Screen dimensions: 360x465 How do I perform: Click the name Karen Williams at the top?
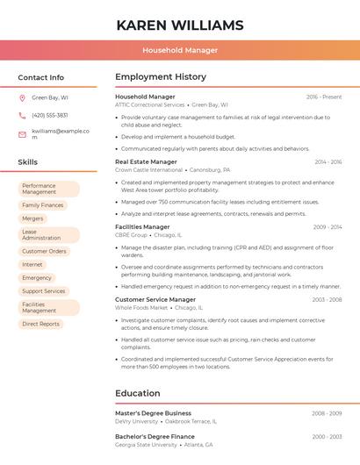180,25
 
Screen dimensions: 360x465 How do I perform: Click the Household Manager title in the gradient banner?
180,50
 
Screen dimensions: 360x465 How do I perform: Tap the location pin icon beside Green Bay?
22,97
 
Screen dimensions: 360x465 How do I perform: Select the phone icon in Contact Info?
22,115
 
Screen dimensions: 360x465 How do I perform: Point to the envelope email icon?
22,133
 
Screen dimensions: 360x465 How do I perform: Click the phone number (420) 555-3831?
49,115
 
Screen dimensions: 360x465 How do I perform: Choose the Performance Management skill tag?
49,189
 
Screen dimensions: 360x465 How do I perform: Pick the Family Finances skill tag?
43,205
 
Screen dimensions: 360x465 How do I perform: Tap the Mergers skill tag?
32,218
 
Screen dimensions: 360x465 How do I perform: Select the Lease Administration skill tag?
49,235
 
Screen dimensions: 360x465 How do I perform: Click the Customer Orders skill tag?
44,251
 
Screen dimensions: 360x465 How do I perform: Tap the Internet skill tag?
32,264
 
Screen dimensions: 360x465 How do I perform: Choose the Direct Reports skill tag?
41,324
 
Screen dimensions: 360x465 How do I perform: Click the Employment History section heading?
161,77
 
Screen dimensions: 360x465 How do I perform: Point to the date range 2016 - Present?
324,97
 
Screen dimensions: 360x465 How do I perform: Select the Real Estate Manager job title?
146,161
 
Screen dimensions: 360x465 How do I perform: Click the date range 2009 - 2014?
328,227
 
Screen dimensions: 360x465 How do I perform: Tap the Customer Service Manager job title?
155,299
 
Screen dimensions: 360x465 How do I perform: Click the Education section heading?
138,393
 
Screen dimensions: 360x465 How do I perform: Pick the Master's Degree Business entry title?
153,412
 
